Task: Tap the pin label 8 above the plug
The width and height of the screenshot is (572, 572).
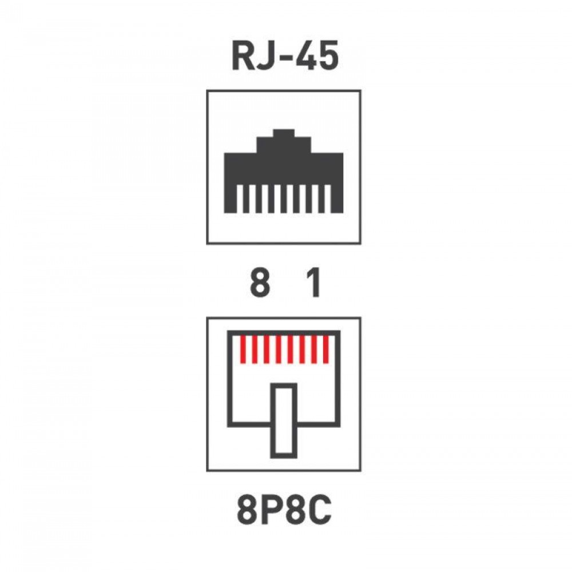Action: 260,283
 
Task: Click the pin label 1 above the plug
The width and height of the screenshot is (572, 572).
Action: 313,283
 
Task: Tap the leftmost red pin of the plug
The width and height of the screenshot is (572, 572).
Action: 243,349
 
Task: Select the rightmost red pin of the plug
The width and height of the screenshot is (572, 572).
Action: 326,349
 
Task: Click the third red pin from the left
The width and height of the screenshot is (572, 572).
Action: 267,349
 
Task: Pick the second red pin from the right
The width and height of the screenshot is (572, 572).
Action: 314,349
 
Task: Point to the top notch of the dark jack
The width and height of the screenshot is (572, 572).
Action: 284,133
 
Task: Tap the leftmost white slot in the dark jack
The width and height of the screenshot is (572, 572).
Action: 239,199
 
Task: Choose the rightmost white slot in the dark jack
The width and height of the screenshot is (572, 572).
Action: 328,199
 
